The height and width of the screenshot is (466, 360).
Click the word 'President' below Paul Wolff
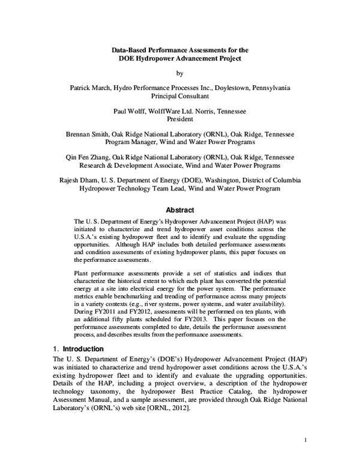coord(179,119)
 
